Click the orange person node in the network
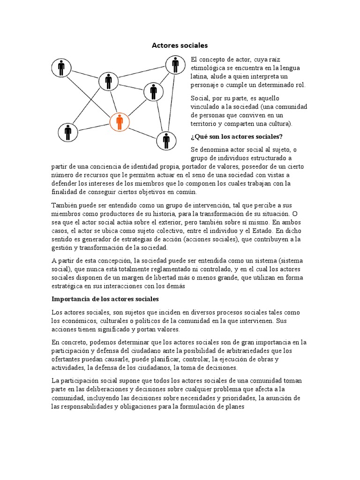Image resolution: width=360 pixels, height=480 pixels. pos(120,122)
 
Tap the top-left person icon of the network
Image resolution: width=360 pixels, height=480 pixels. pos(61,67)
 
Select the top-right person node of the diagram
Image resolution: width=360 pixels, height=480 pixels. pos(175,65)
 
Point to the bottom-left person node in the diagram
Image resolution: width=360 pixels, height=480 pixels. pos(68,133)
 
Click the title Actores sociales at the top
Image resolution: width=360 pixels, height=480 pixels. pos(180,45)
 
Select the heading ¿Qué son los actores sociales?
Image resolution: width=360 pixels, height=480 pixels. pos(236,136)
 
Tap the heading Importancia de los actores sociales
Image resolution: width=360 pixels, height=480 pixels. pos(105,299)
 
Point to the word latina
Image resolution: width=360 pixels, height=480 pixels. pos(199,76)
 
